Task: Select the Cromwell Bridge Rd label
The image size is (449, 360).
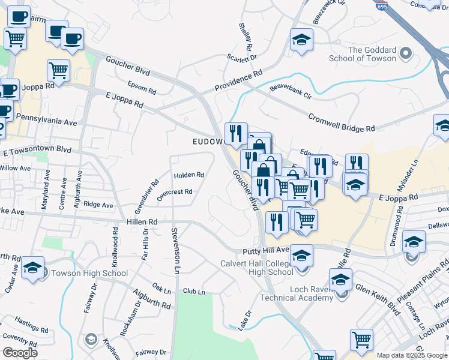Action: coord(342,122)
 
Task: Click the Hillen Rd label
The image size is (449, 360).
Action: coord(142,221)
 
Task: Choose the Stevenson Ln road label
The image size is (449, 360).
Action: coord(175,248)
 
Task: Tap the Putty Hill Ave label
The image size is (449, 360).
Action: coord(266,250)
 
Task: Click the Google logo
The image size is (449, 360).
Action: coord(20,352)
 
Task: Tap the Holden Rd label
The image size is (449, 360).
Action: coord(189,175)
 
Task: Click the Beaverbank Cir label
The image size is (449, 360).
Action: coord(291,91)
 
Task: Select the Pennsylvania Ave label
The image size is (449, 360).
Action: coord(47,121)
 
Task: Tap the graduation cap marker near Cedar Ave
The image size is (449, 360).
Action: coord(32,268)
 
